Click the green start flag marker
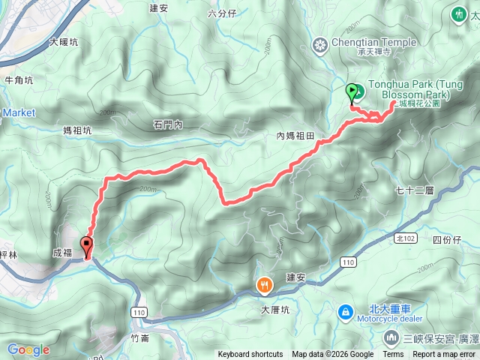(x=353, y=93)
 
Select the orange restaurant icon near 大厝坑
(x=264, y=285)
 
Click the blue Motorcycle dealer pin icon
(x=344, y=310)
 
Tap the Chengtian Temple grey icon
(x=321, y=46)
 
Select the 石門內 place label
(x=167, y=125)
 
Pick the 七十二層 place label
(x=414, y=191)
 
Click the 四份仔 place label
(x=448, y=240)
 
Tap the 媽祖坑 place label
(x=77, y=130)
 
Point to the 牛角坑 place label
(x=19, y=79)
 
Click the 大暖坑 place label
(x=64, y=43)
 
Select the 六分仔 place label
(x=222, y=13)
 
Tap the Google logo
(x=28, y=349)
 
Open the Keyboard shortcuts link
(x=250, y=355)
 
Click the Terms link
(x=393, y=355)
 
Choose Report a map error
(x=445, y=355)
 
